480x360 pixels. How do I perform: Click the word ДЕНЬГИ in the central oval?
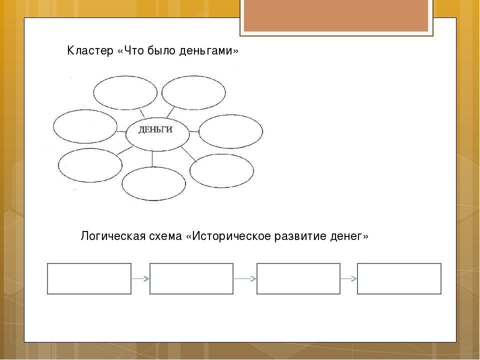[155, 130]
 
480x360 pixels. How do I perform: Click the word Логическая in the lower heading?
[111, 236]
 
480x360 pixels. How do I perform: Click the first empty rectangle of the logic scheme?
[89, 278]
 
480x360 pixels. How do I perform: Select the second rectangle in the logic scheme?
[191, 278]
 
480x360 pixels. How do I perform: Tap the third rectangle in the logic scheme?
[298, 278]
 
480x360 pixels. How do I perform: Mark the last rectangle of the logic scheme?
[399, 278]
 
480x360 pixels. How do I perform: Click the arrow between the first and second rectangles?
[140, 278]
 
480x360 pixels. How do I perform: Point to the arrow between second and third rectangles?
[245, 278]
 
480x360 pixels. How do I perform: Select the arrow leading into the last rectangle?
[349, 278]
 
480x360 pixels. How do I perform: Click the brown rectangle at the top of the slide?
[336, 15]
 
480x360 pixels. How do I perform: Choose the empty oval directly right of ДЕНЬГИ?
[230, 131]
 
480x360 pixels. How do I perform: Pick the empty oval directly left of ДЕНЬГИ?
[84, 126]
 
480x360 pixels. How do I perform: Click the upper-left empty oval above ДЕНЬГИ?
[125, 92]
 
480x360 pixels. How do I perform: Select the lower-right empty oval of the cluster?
[221, 170]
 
